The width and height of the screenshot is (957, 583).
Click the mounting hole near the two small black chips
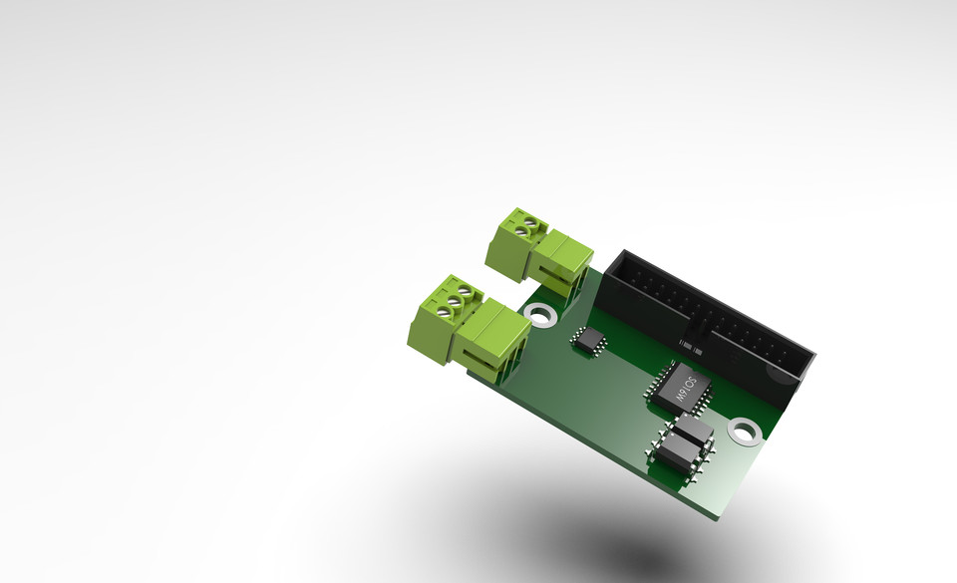coord(743,432)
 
